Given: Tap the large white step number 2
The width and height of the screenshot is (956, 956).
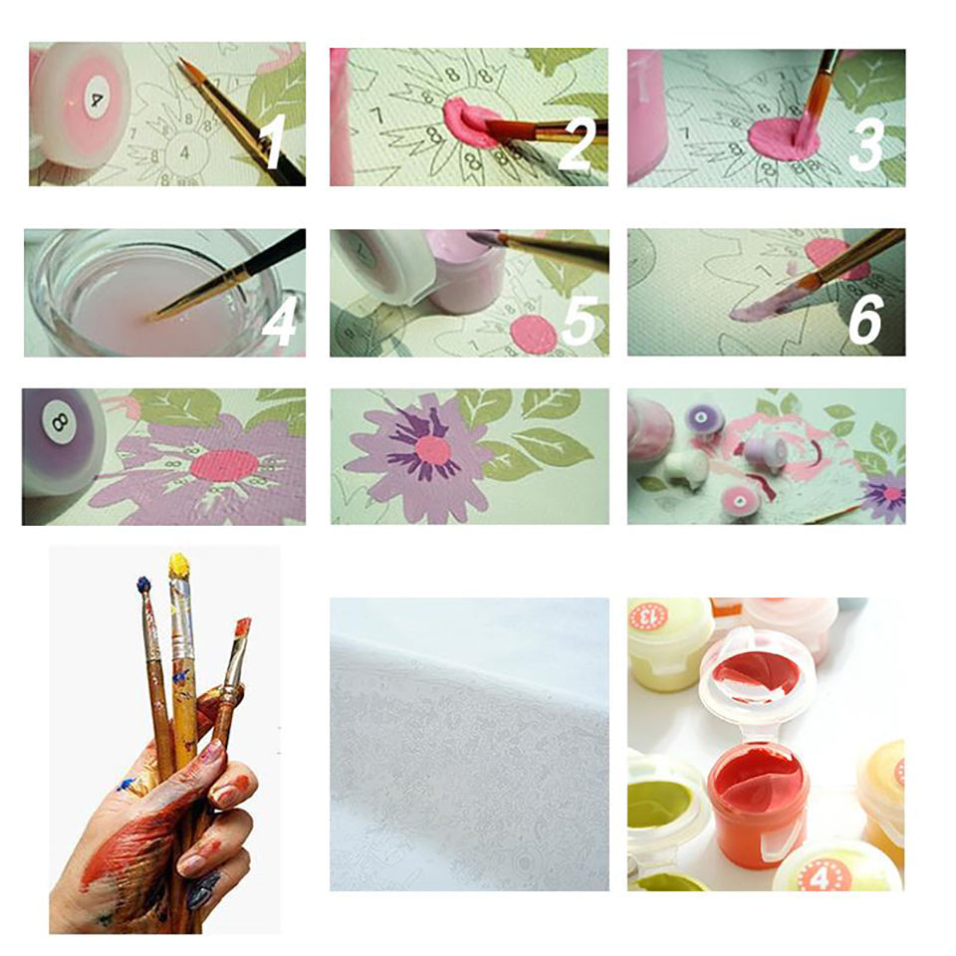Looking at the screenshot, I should point(576,142).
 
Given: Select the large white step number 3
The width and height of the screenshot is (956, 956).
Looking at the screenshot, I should point(864,143).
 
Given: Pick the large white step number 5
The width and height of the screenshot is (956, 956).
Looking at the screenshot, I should point(579,322).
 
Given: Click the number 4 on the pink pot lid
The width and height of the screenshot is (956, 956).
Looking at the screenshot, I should point(96,100).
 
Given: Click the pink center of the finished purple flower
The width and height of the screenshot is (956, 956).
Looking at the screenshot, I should point(433,450).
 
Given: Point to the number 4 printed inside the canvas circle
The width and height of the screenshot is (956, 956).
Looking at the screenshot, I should point(185,151).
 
